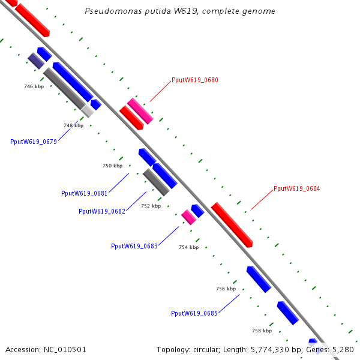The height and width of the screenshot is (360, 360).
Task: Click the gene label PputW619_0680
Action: point(194,80)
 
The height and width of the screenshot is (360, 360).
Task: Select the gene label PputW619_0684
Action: point(296,188)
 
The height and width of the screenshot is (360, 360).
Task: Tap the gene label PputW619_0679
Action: point(34,142)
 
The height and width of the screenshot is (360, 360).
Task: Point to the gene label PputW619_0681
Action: point(85,193)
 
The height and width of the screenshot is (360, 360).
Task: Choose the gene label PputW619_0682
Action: point(102,211)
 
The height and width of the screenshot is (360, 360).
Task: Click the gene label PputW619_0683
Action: point(134,246)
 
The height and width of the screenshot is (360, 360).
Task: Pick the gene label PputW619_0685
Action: point(194,313)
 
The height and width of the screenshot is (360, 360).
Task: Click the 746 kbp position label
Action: point(34,87)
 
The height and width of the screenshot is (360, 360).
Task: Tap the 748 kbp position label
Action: point(74,125)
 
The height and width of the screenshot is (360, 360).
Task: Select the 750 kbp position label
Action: point(112,166)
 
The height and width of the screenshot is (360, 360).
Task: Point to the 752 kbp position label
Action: point(151,206)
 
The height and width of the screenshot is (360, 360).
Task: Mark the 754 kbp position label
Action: point(188,247)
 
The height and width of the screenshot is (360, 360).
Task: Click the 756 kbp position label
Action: point(226,289)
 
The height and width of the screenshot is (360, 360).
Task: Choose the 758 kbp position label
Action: point(262,331)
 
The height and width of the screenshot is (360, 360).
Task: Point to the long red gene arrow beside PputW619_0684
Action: point(232,224)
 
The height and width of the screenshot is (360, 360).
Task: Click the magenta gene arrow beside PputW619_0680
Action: point(140,111)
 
